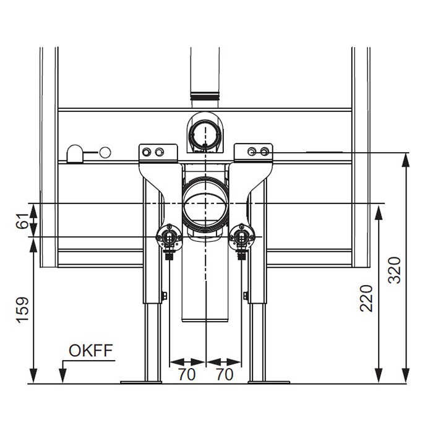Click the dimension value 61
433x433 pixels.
click(x=20, y=220)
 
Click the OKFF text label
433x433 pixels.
click(x=90, y=351)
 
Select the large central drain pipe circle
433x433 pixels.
click(x=205, y=204)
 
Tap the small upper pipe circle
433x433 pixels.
click(x=205, y=132)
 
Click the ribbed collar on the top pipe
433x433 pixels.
click(x=205, y=96)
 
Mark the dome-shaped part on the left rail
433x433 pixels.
click(x=75, y=153)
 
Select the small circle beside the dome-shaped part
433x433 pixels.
click(x=105, y=152)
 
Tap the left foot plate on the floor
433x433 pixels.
click(x=140, y=382)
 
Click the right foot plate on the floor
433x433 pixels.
click(x=268, y=382)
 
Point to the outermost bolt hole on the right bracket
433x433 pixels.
click(x=265, y=152)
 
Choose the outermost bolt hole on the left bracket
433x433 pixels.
click(x=146, y=152)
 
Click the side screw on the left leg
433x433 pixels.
click(x=164, y=296)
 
